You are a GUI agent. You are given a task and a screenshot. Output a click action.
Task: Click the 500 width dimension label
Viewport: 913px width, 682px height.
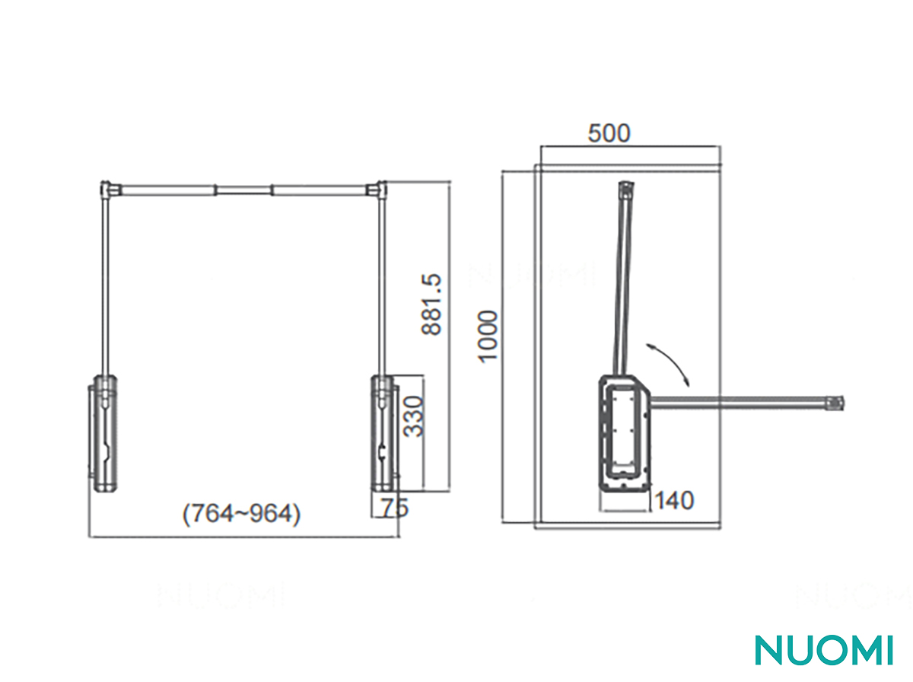point(609,133)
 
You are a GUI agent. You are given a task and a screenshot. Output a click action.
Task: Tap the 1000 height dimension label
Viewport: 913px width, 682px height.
point(488,336)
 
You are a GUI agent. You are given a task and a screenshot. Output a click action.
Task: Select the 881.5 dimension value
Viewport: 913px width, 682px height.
point(431,304)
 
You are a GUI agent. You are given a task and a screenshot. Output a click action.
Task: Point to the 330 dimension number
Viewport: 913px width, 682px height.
point(413,416)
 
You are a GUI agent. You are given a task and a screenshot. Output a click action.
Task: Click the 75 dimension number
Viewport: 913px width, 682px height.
point(395,508)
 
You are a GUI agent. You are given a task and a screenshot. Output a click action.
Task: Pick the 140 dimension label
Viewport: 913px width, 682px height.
point(675,500)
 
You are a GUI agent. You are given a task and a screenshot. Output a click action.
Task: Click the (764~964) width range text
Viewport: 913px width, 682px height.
point(241,515)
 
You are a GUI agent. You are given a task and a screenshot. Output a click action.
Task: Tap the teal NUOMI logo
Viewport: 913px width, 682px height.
point(824,650)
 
